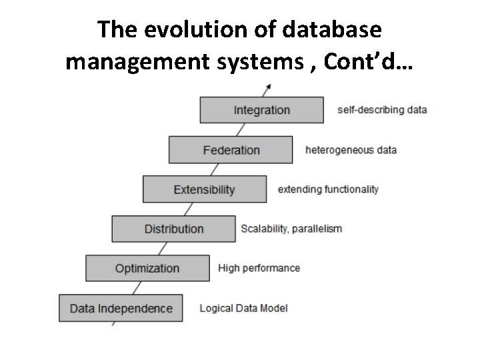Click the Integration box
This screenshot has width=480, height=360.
coord(261,110)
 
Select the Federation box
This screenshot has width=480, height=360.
coord(231,150)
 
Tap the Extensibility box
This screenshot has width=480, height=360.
coord(205,189)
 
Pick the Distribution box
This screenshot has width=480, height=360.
coord(173,229)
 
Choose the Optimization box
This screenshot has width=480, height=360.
coord(147,269)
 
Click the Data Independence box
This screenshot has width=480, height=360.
coord(121,308)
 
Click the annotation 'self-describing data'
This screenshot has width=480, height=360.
coord(382,109)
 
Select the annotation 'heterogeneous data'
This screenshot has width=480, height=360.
coord(351,149)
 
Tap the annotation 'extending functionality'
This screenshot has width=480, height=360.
coord(328,189)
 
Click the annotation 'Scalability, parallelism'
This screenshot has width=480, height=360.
coord(291,229)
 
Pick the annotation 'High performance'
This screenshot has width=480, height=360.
coord(259,268)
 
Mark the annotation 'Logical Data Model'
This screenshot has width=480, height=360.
coord(244,308)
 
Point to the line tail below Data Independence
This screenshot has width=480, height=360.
coord(114,323)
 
